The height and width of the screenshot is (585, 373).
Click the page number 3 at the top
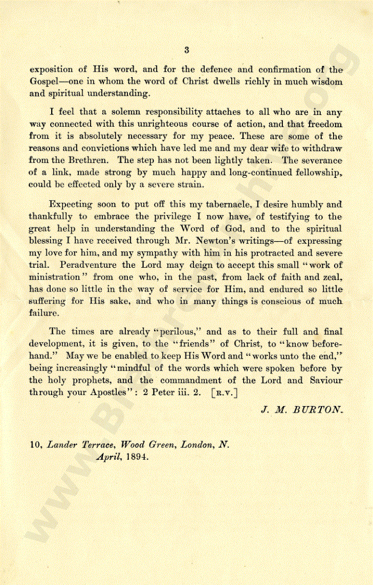186,51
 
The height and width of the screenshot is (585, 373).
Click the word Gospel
43,82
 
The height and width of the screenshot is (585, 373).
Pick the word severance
319,160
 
